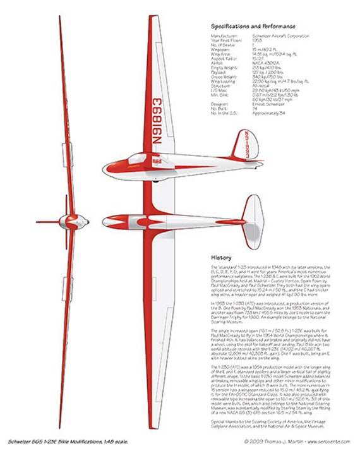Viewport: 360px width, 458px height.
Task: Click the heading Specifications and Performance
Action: (253, 27)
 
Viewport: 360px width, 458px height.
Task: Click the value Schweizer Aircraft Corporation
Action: (275, 37)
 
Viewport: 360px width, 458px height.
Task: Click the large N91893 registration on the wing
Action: (157, 124)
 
